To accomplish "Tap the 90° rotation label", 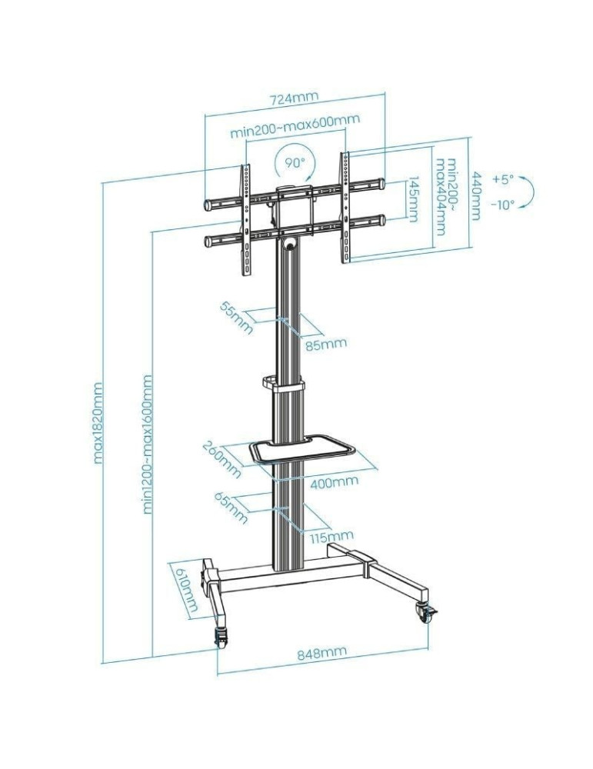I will click(295, 162).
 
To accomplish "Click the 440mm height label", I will click(475, 196).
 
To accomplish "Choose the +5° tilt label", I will click(503, 179).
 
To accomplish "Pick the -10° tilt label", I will click(503, 205).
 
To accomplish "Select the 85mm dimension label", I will click(326, 343).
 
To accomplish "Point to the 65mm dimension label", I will click(231, 508).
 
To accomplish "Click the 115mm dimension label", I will click(331, 536).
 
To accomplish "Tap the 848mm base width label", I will click(321, 653).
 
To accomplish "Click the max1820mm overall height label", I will click(98, 423).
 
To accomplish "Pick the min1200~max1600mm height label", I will click(147, 444).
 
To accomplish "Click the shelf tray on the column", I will click(301, 450).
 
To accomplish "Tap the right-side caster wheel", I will click(425, 613).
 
